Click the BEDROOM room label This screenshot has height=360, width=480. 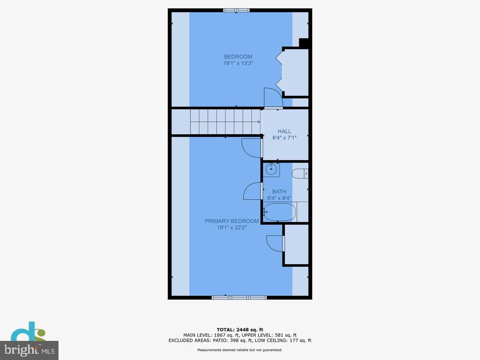click(x=238, y=57)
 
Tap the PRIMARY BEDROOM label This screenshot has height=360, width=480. click(x=231, y=221)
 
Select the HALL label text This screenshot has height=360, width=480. click(x=284, y=131)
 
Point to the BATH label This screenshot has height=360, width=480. click(x=279, y=192)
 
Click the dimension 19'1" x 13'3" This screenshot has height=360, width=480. click(x=238, y=63)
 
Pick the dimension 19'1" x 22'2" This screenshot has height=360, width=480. click(x=231, y=228)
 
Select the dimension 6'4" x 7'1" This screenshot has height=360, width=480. click(x=284, y=138)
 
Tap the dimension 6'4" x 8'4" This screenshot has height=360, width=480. click(x=279, y=198)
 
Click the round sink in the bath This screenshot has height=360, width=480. click(x=271, y=169)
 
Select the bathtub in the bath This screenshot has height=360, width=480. click(x=279, y=212)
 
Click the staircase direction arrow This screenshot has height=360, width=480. click(x=259, y=121)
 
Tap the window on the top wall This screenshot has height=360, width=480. click(x=236, y=10)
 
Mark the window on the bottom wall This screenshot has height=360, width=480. click(x=239, y=298)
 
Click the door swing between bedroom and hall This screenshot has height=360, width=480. click(x=273, y=98)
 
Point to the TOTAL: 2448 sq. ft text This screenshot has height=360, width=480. click(x=240, y=330)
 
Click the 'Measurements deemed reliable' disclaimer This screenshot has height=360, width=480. click(x=240, y=350)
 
